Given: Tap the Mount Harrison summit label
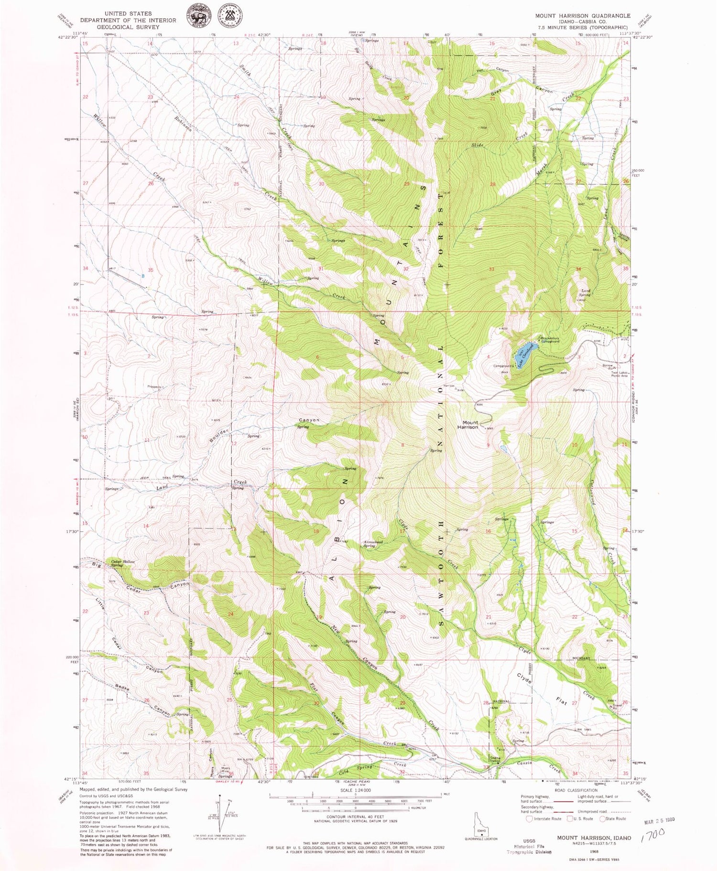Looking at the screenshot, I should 469,424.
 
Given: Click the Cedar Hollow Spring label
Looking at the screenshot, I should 122,563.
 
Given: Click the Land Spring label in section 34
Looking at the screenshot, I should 585,292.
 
